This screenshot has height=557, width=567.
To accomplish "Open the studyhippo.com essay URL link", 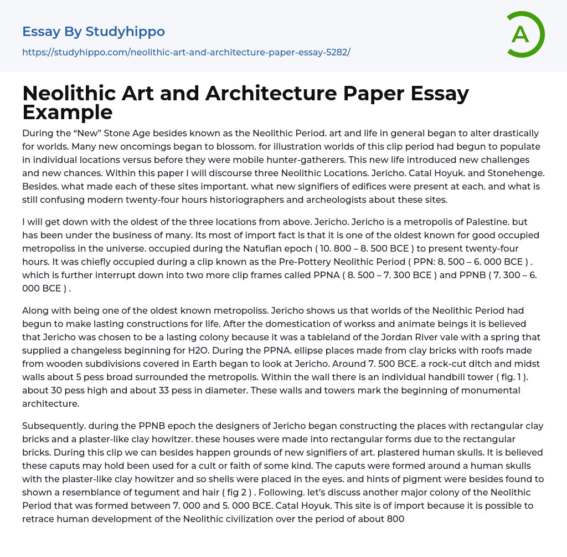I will pos(186,52).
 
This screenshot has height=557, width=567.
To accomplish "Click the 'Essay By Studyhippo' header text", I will pos(94,32).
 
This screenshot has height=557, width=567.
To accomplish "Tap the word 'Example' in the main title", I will pos(68,112).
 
